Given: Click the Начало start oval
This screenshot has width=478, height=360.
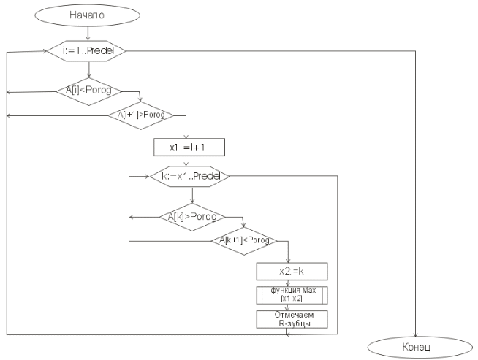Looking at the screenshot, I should click(87, 15).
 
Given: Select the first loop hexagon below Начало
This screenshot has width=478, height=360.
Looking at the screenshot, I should click(88, 50).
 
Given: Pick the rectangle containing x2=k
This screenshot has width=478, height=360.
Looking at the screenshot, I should click(292, 271).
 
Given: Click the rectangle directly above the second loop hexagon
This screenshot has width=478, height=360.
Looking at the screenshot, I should click(189, 148).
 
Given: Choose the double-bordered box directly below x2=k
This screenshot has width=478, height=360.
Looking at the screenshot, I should click(292, 294).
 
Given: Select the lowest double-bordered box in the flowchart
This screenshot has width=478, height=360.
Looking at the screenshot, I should click(292, 319).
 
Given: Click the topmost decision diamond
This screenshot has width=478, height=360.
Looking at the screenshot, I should click(88, 91).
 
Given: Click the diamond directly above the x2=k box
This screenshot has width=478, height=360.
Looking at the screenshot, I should click(243, 240).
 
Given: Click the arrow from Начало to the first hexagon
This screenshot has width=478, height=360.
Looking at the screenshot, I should click(88, 32).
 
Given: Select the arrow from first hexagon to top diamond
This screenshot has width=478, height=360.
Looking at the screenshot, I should click(88, 69).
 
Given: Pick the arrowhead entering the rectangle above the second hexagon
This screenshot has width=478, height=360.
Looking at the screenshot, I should click(187, 137).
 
